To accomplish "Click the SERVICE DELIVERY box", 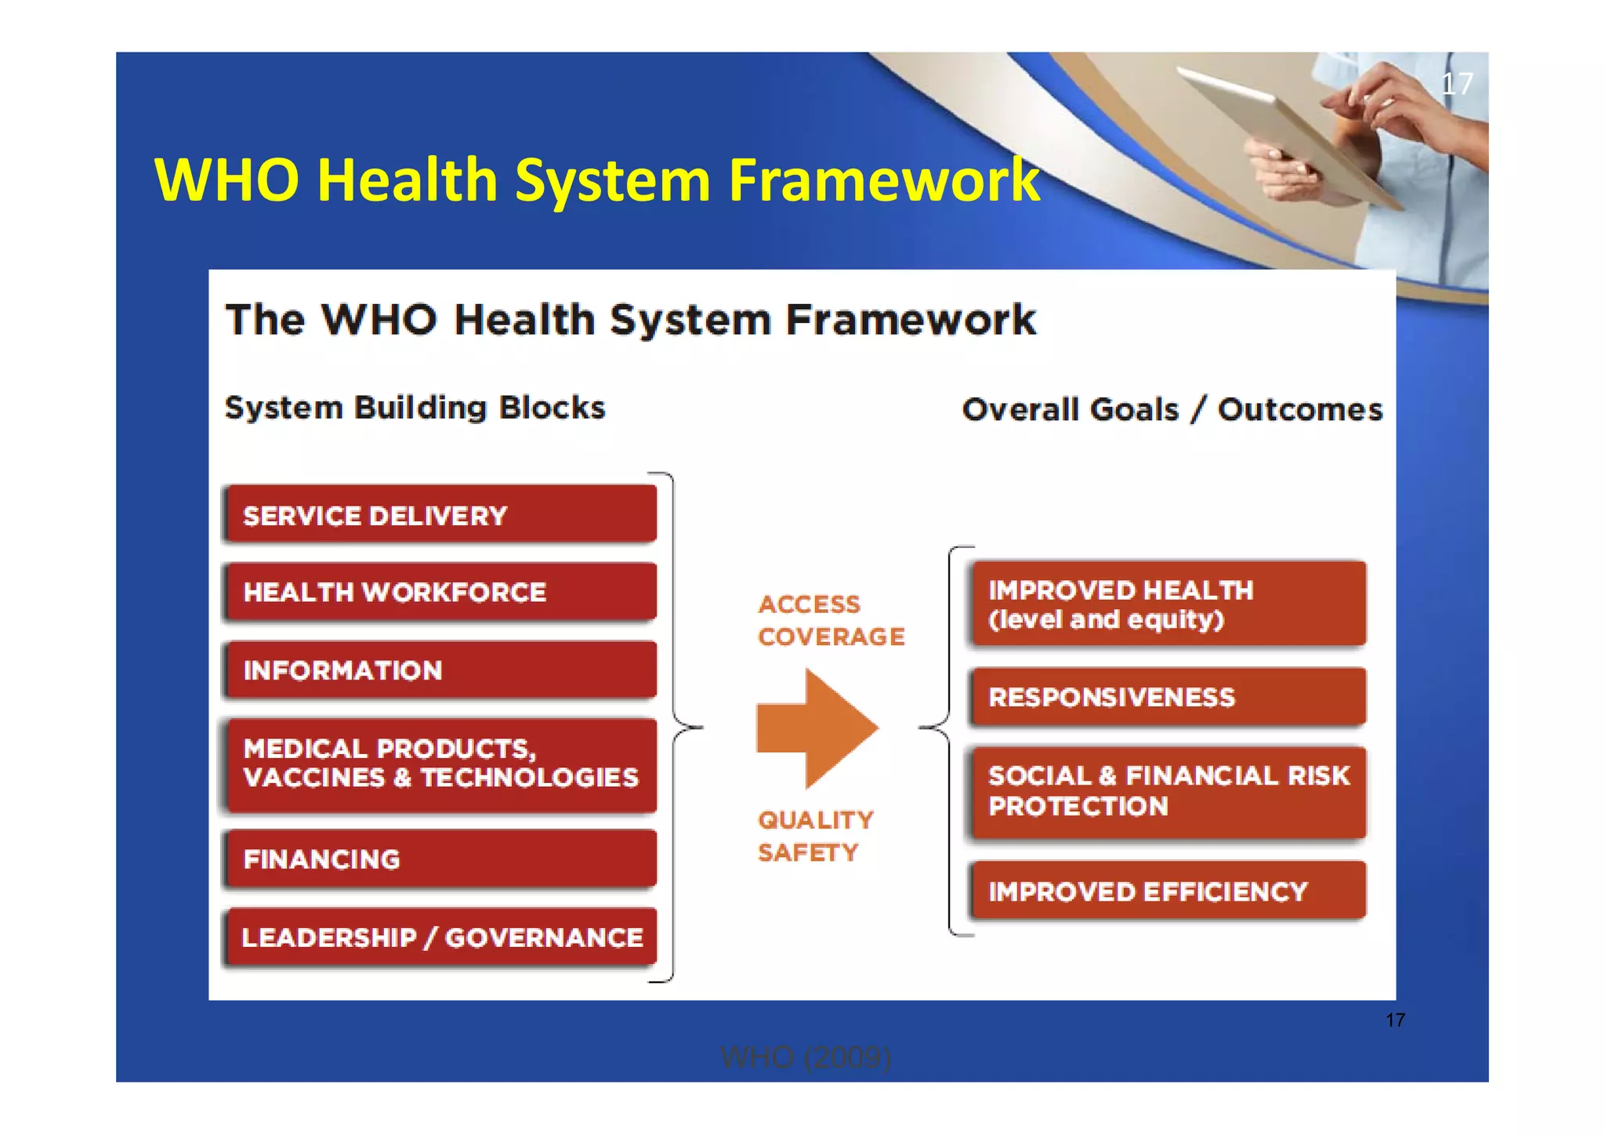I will pyautogui.click(x=440, y=515).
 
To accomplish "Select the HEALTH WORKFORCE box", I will pyautogui.click(x=440, y=592).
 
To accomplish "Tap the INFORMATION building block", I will pyautogui.click(x=440, y=670).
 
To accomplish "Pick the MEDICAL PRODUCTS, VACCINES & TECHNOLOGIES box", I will pyautogui.click(x=440, y=764).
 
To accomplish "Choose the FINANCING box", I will pyautogui.click(x=440, y=859).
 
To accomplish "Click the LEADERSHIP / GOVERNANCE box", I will pyautogui.click(x=440, y=937).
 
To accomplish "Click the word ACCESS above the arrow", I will pyautogui.click(x=809, y=604).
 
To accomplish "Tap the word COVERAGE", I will pyautogui.click(x=831, y=636).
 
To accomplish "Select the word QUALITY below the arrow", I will pyautogui.click(x=815, y=820).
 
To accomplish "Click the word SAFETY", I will pyautogui.click(x=808, y=852).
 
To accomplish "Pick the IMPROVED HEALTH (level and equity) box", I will pyautogui.click(x=1168, y=604).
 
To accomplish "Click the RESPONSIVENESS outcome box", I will pyautogui.click(x=1168, y=697).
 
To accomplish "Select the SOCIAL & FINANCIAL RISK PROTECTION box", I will pyautogui.click(x=1168, y=791).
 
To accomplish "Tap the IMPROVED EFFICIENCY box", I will pyautogui.click(x=1168, y=891).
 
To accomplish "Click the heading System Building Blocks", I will pyautogui.click(x=415, y=408).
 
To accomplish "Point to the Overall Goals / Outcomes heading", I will pyautogui.click(x=1172, y=409).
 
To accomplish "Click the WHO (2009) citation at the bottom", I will pyautogui.click(x=806, y=1057).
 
